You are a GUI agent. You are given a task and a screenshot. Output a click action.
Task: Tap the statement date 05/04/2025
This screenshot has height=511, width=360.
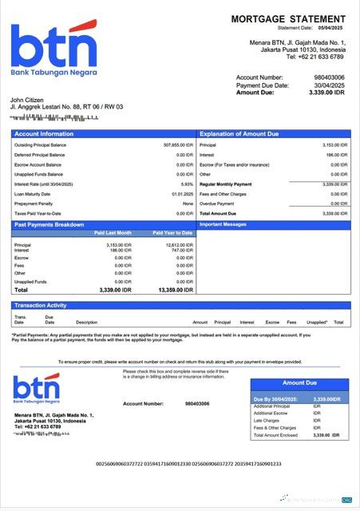334,27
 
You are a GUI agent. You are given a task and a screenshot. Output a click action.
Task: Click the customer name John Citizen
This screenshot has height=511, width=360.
26,99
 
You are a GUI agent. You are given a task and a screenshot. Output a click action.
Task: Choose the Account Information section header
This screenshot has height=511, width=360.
44,134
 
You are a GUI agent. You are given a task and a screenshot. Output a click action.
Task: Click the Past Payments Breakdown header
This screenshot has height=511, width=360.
49,225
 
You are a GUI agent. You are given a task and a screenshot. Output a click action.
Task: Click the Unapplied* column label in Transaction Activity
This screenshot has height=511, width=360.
317,322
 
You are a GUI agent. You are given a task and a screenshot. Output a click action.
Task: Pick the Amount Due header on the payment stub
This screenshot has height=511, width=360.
299,383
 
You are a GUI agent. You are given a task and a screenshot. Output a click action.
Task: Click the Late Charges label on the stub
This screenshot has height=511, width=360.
266,420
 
